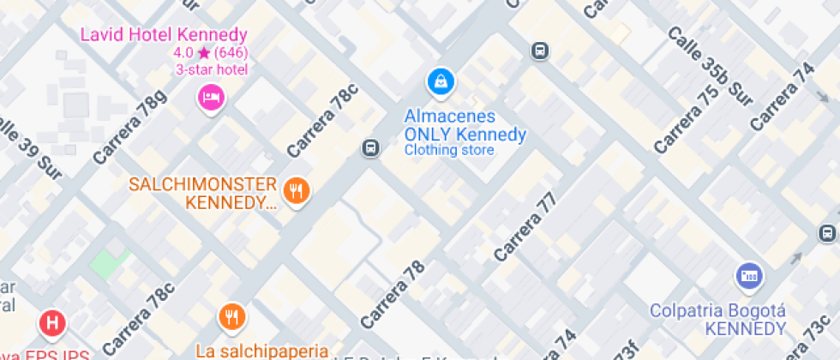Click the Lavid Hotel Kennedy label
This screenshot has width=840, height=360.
click(x=164, y=35)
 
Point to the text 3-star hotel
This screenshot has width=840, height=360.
click(x=211, y=69)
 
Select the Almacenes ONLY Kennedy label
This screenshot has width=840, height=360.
click(x=465, y=125)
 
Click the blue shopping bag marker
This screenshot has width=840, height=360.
click(x=440, y=82)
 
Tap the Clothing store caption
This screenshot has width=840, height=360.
click(x=449, y=150)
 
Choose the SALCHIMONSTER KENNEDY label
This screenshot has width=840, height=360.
click(x=202, y=194)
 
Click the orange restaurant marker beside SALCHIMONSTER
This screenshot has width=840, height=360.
click(x=297, y=191)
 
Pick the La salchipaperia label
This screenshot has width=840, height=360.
click(x=261, y=350)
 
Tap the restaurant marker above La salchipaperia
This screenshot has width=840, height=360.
click(x=231, y=318)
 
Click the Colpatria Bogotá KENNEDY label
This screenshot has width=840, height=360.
click(x=717, y=318)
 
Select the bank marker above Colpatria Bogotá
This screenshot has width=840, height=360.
click(x=749, y=276)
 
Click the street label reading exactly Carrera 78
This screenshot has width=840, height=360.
click(x=393, y=294)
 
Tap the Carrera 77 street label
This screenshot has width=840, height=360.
click(x=525, y=226)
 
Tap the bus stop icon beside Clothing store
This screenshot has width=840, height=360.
click(x=370, y=147)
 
